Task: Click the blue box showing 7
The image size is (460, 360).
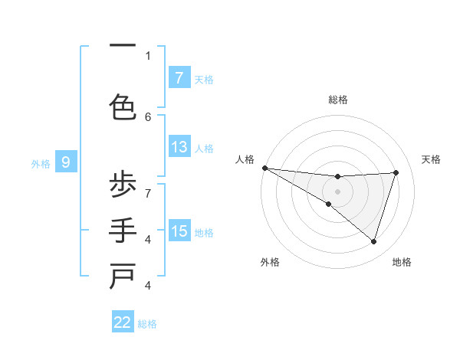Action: pos(179,77)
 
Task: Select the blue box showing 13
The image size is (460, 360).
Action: pos(179,147)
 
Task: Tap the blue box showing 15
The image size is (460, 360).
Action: pos(179,231)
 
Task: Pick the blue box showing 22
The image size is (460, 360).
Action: pos(123,322)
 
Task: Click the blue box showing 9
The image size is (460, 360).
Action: pos(66,162)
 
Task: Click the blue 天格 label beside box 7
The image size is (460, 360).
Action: pos(204,79)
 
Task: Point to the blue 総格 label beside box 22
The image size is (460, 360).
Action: pos(147,324)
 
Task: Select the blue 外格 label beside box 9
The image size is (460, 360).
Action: pos(41,163)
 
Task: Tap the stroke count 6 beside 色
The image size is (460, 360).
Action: pos(148,116)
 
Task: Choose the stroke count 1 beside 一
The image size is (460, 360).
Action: pos(148,55)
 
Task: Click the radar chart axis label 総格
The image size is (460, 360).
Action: pos(337,100)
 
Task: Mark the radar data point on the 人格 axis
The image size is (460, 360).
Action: pos(264,167)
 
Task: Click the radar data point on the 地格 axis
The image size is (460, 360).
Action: pos(373,241)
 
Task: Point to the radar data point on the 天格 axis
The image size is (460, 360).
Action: pos(396,172)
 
